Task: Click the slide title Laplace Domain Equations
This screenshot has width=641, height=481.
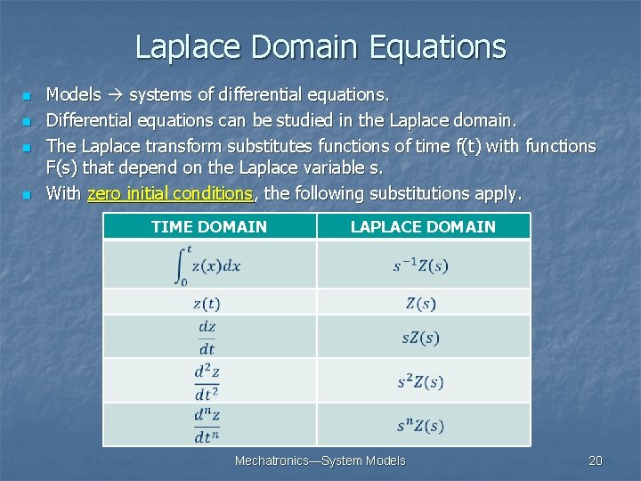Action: pos(320,46)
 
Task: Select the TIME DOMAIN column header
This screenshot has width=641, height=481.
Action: pos(209,226)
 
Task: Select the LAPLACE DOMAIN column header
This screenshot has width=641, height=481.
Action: pos(423,226)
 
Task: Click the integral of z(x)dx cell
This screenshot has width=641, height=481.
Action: pos(209,265)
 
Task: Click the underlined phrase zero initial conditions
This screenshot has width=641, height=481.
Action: pos(170,193)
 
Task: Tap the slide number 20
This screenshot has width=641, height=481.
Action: pos(596,461)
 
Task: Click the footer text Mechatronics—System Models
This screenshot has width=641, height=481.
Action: pos(320,461)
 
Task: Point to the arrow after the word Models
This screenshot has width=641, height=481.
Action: pos(116,94)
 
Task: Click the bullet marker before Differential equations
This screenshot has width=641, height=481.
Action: pos(28,120)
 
